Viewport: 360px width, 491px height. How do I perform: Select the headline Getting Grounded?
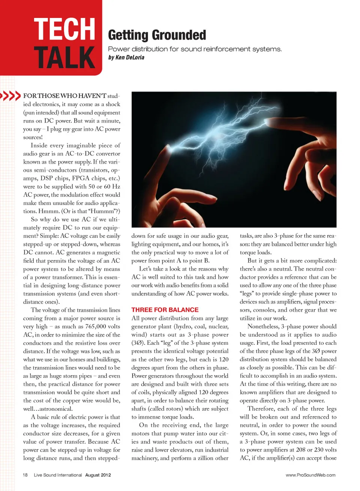coord(157,35)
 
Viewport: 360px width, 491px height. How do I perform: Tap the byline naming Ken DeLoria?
coord(126,57)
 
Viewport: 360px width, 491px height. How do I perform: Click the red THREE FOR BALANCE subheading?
coord(165,310)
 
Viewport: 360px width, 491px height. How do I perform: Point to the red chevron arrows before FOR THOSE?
coord(10,96)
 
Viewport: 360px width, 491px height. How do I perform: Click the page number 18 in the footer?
coord(25,475)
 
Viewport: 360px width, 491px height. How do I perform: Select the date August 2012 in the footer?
coord(98,475)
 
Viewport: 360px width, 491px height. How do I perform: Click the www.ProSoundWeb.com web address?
coord(310,475)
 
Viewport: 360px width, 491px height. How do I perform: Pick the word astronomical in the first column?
coord(53,409)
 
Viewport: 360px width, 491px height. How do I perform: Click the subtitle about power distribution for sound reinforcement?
coord(195,49)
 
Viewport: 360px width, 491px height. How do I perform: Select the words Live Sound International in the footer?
coord(58,475)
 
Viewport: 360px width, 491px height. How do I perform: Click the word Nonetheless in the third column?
coord(264,326)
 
